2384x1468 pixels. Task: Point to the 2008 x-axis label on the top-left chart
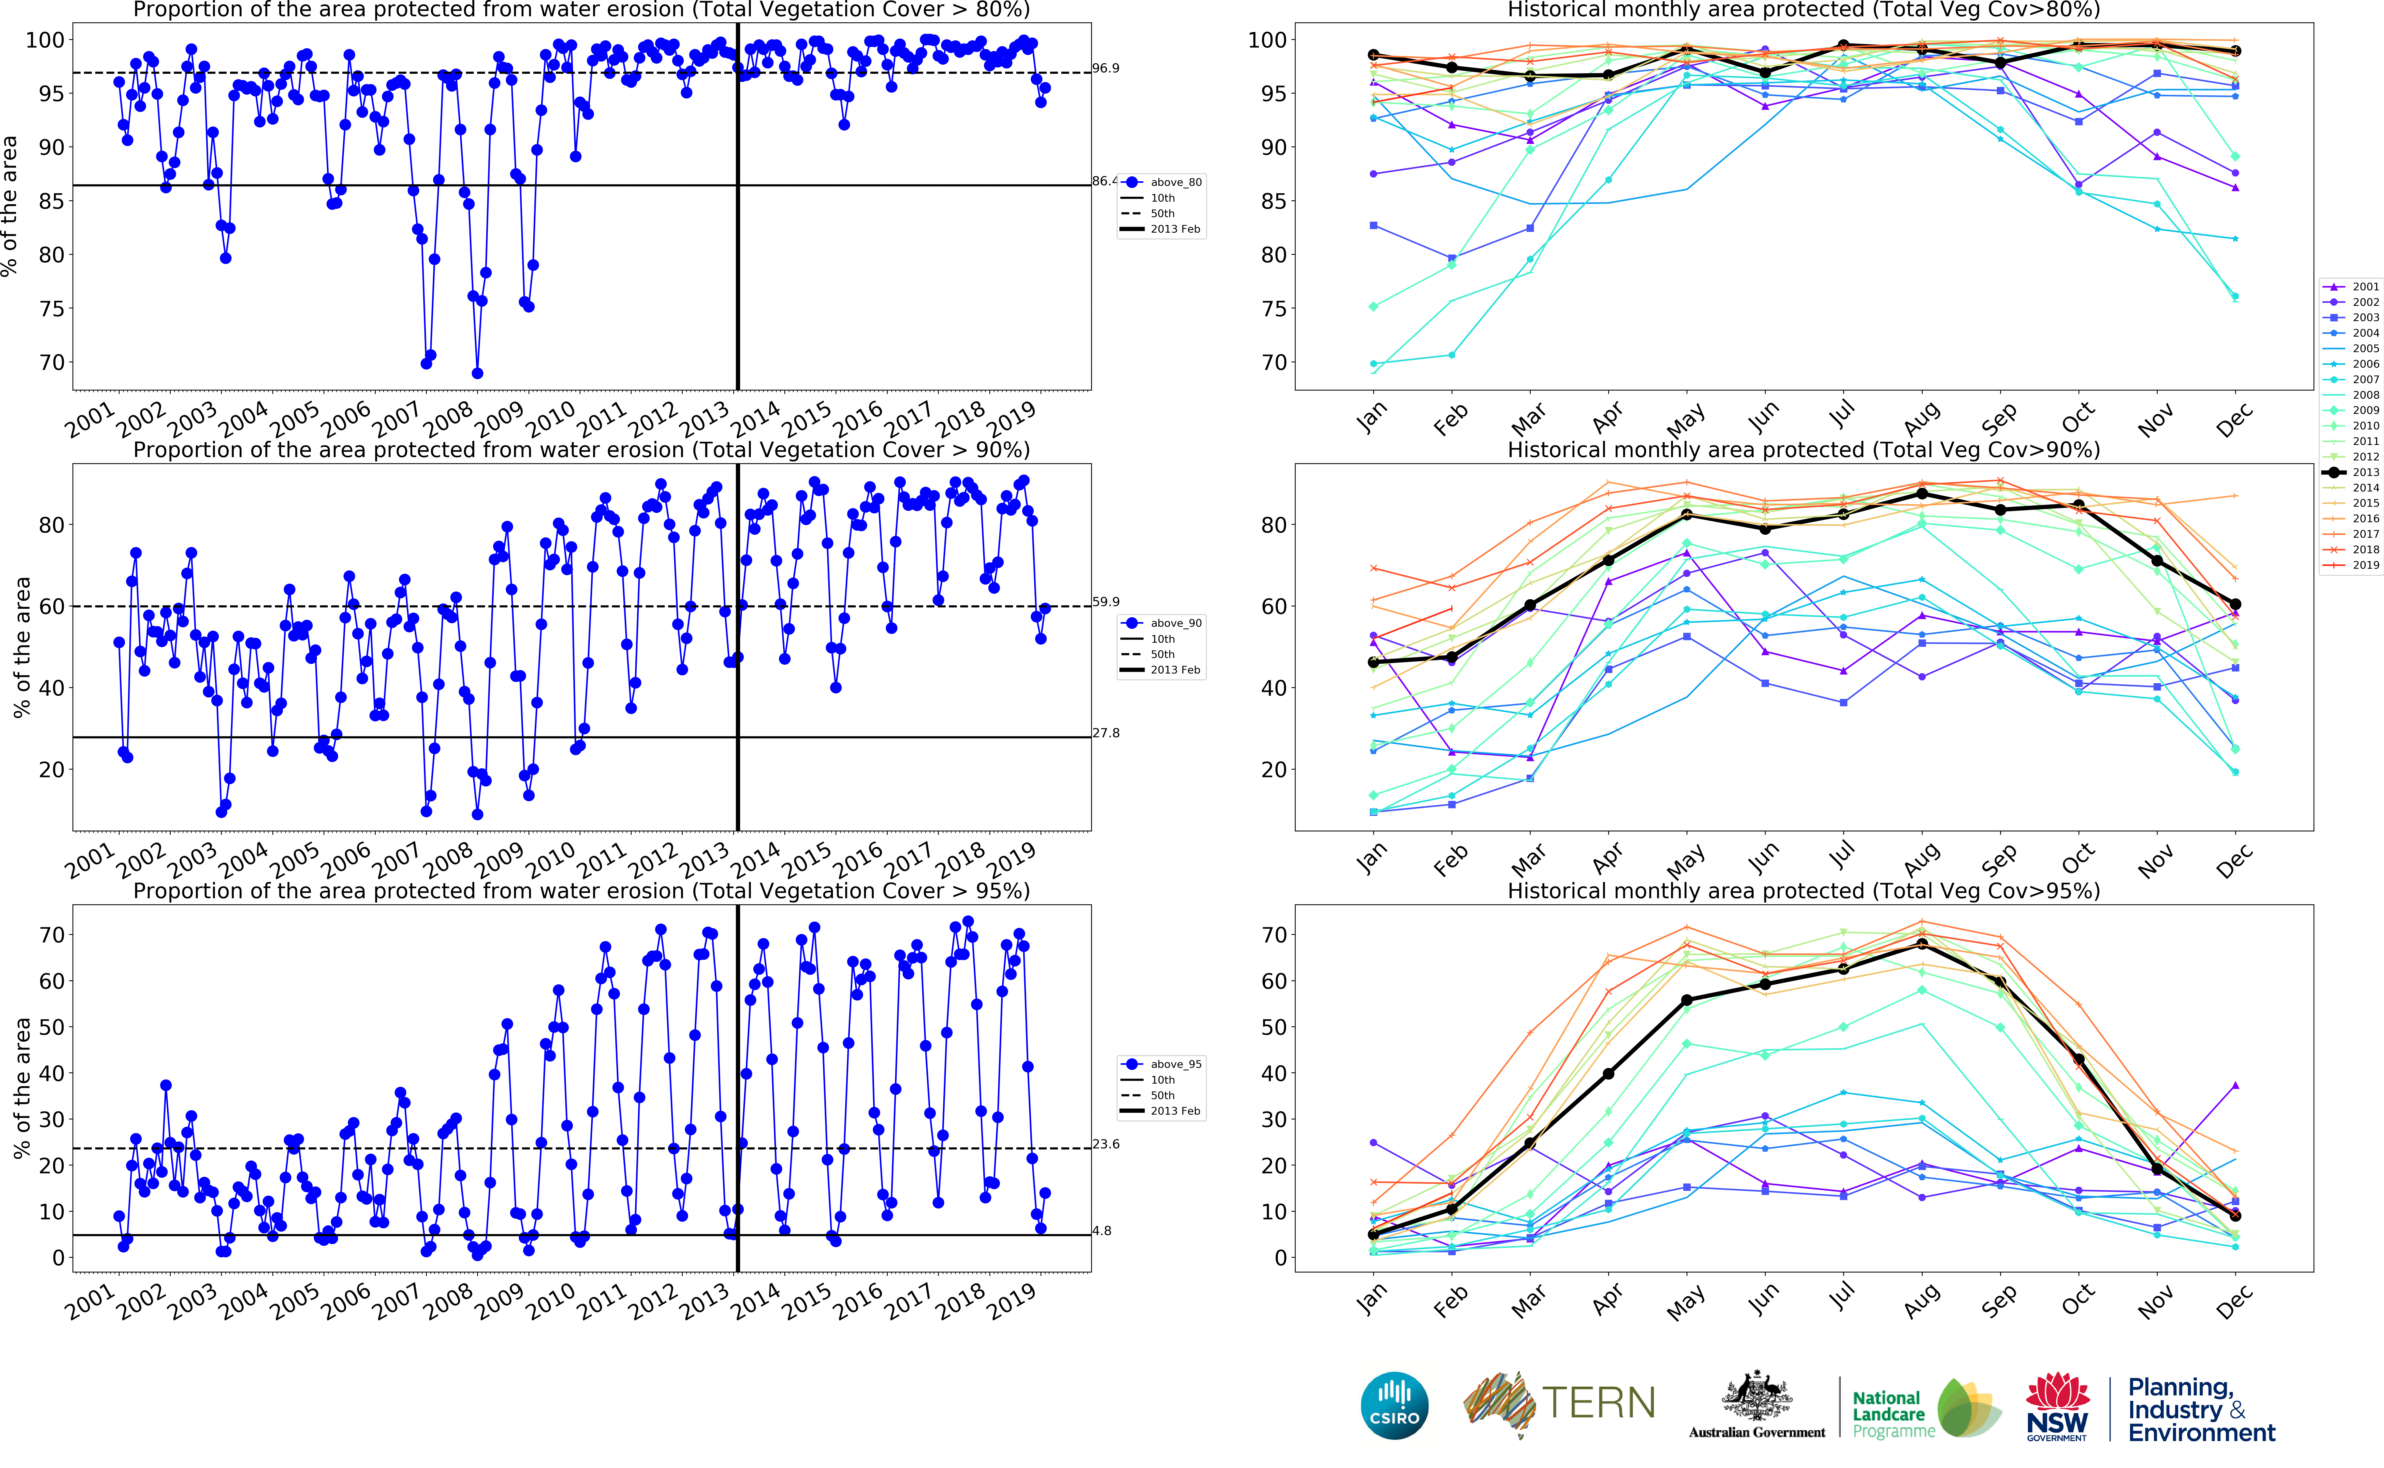pyautogui.click(x=448, y=421)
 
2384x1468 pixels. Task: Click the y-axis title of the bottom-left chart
pyautogui.click(x=21, y=1087)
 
